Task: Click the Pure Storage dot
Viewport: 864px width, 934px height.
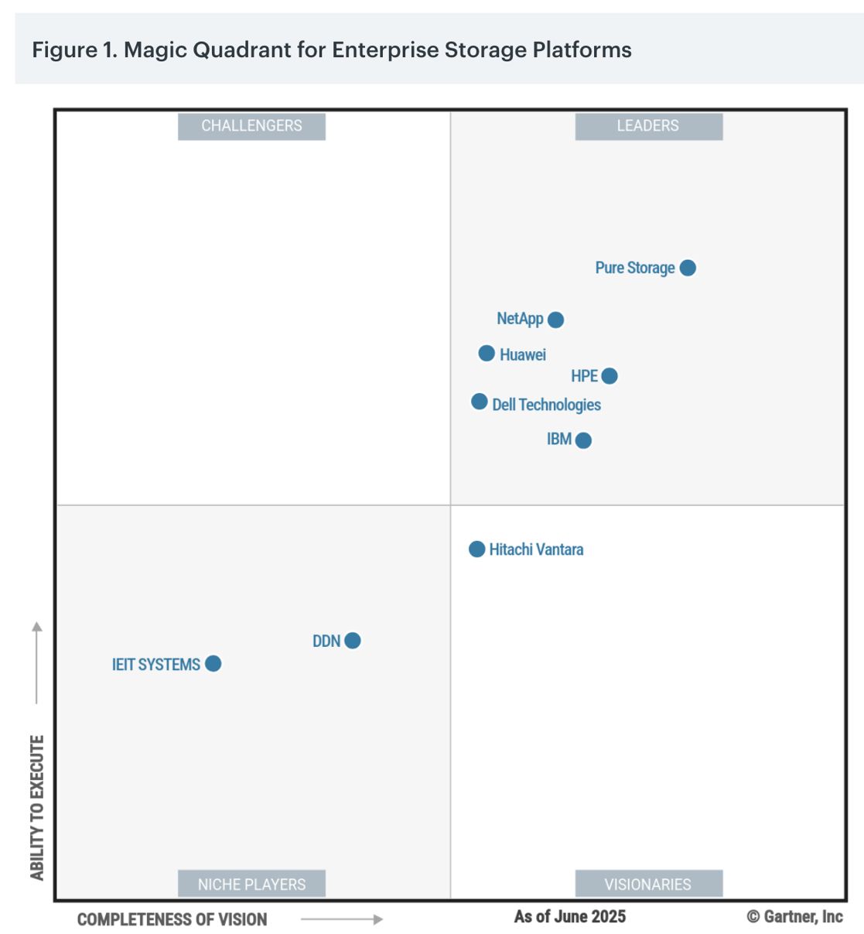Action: [688, 268]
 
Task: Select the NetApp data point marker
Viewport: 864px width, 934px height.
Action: [555, 320]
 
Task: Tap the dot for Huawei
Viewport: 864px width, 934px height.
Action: [487, 354]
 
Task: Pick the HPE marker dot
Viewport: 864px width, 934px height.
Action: [610, 376]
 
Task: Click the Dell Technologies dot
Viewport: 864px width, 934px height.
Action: [480, 402]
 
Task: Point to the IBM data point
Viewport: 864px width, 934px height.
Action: [583, 440]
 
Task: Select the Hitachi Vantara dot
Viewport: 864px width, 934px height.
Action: [477, 549]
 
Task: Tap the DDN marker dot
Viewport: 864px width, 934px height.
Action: [353, 641]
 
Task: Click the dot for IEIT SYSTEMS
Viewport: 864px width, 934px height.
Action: [213, 664]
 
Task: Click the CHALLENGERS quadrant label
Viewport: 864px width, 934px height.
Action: [251, 126]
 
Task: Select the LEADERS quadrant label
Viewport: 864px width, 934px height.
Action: [648, 126]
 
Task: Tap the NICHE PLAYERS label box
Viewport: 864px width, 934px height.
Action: [251, 884]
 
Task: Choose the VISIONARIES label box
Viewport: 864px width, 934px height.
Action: [648, 884]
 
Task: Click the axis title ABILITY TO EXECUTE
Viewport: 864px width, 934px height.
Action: [37, 807]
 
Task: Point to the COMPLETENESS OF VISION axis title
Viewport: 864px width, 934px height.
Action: [172, 919]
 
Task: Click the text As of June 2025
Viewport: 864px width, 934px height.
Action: [570, 917]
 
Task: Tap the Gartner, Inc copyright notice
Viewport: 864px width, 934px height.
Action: [794, 917]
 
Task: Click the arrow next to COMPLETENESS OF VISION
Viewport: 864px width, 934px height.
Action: [341, 919]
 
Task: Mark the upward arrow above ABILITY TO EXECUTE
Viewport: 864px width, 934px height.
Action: [37, 662]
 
